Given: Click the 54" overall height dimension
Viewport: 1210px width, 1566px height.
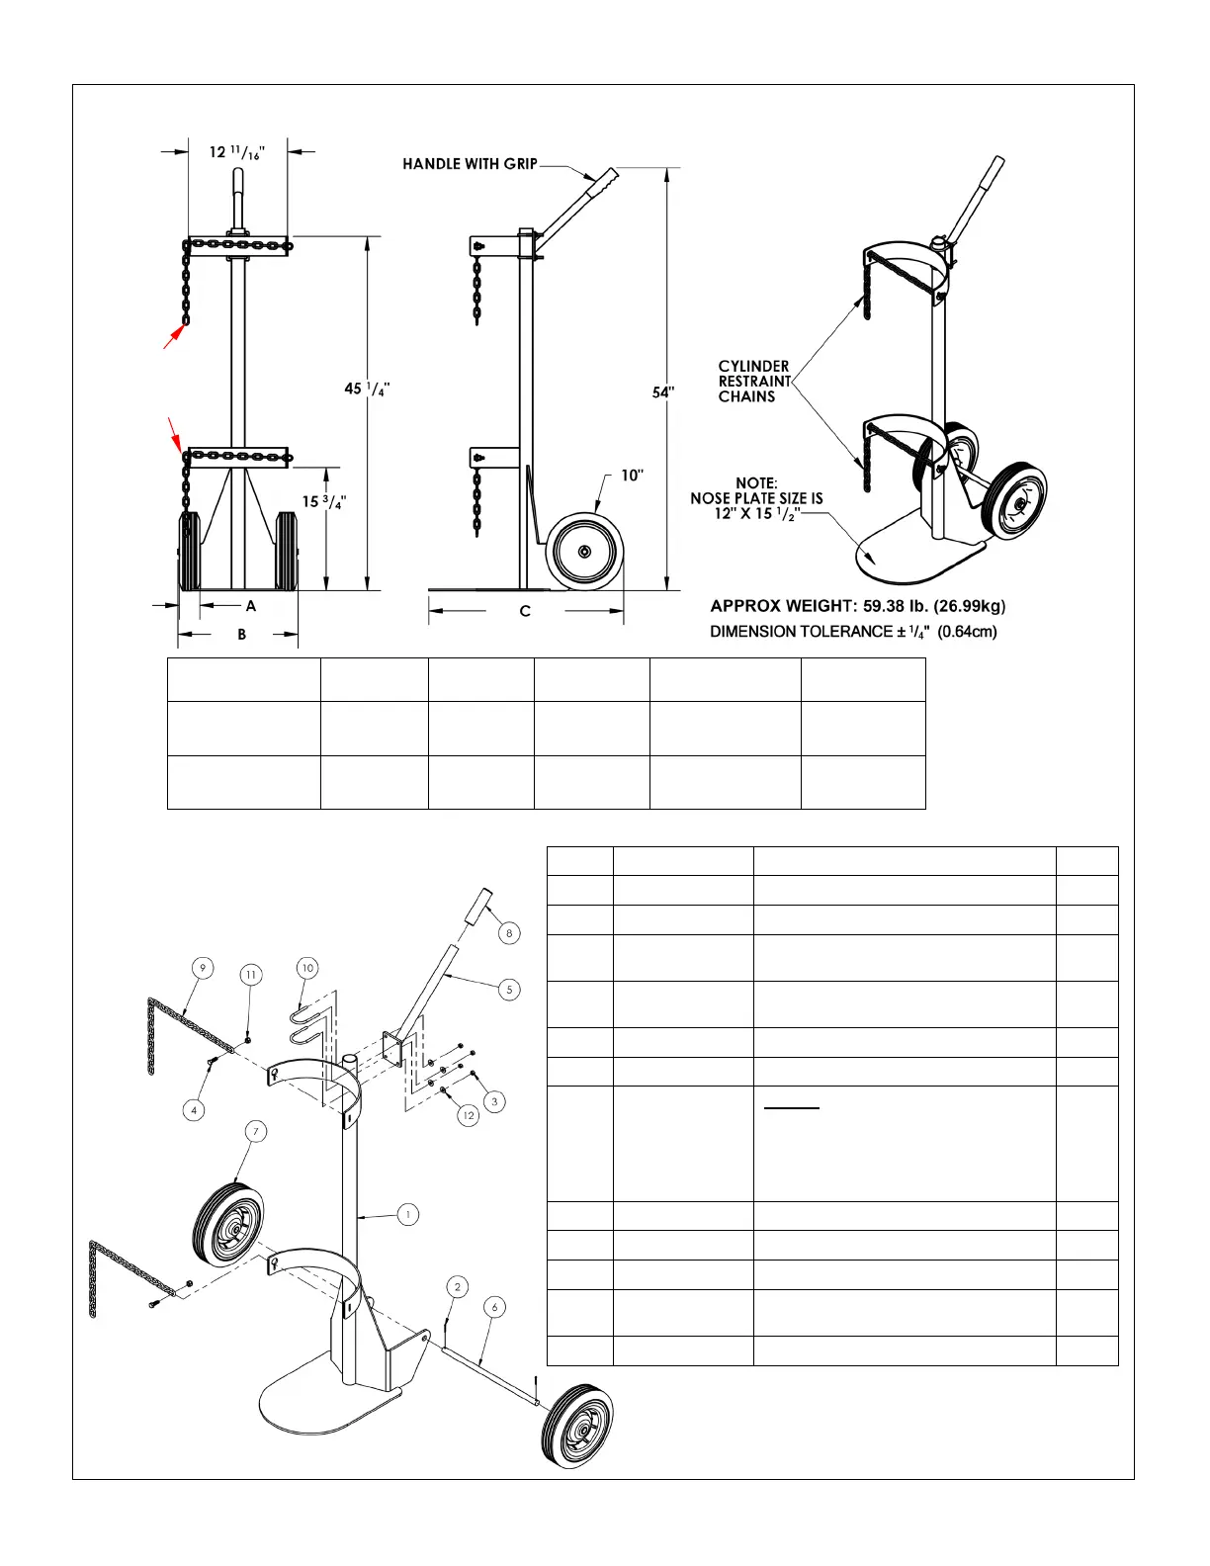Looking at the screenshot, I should [x=662, y=392].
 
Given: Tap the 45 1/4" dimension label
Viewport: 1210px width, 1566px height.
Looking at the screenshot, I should [x=366, y=389].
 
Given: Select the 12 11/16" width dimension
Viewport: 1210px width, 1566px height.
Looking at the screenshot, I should [x=237, y=152].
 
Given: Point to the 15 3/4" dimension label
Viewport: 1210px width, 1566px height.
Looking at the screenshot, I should [x=324, y=501].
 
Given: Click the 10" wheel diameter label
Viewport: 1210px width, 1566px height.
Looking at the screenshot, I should [x=632, y=476].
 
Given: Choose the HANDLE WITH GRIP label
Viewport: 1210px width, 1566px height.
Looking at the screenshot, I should [x=470, y=164].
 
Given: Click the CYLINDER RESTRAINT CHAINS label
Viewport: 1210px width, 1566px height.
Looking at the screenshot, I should [x=754, y=382].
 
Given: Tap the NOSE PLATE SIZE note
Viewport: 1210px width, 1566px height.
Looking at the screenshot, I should [x=756, y=498].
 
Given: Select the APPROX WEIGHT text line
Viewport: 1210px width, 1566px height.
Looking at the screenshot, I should [x=858, y=606].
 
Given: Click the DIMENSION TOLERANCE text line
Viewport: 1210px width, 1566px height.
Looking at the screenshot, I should [x=853, y=632].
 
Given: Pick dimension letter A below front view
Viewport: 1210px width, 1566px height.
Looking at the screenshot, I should [x=251, y=606].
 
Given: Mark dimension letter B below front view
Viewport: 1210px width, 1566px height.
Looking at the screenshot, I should [x=242, y=635].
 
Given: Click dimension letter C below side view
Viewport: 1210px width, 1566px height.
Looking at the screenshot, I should [x=525, y=612].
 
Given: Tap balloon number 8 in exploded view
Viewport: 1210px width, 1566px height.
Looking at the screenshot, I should [x=509, y=932].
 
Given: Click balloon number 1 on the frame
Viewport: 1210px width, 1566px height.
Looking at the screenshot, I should [x=407, y=1214].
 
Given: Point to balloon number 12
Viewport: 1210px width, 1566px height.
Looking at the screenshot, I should [x=469, y=1115].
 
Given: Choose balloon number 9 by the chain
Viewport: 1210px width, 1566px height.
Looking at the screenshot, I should [x=202, y=968].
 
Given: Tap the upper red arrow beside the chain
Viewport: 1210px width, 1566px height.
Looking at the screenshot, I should [x=173, y=336].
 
